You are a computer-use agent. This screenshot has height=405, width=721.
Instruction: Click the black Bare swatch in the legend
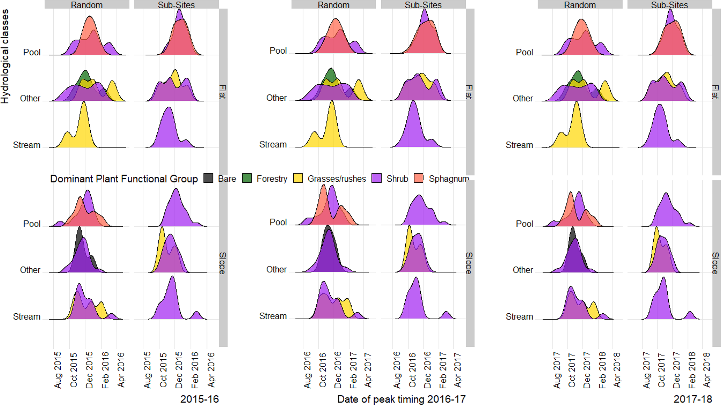coord(208,178)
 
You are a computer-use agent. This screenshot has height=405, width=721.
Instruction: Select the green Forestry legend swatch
coord(247,178)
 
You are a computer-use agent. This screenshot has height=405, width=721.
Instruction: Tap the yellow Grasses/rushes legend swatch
coord(298,178)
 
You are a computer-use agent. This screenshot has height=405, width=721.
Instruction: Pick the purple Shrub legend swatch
coord(377,178)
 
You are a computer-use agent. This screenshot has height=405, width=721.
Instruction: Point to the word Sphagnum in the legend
coord(449,179)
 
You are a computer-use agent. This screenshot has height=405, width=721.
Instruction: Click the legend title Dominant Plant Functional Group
coord(124,179)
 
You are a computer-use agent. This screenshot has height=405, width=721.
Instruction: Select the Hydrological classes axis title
coord(5,56)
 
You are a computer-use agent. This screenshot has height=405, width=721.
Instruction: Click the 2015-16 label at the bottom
coord(199,399)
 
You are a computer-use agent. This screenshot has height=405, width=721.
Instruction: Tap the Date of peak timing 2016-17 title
coord(401,399)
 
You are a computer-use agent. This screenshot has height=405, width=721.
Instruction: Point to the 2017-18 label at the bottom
coord(692,399)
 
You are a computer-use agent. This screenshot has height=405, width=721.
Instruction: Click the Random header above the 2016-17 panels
coord(333,5)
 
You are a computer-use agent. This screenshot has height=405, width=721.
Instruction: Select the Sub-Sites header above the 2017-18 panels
coord(669,5)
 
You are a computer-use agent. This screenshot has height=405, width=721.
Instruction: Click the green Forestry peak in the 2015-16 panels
coord(85,75)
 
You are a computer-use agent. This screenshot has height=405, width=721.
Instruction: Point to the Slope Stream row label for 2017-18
coord(519,316)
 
